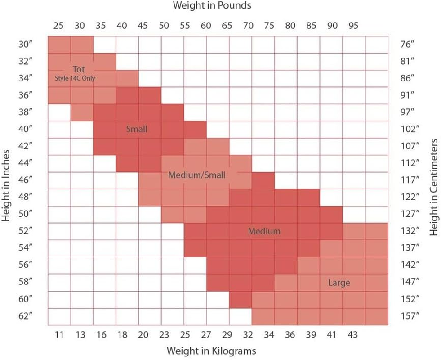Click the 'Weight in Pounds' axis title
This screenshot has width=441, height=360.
point(212,6)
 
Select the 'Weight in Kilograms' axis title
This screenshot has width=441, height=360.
point(211,350)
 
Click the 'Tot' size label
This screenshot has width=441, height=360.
point(79,70)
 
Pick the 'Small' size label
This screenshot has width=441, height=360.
point(137,129)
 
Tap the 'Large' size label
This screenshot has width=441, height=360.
point(339,283)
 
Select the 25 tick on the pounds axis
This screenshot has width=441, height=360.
point(58,26)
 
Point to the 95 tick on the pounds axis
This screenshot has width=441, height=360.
point(353,26)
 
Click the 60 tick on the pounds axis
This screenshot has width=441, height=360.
point(206,26)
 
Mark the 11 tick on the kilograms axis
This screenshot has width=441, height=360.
point(58,334)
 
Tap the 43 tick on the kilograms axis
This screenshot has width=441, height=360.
point(353,334)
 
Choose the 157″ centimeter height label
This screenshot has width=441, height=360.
point(410,316)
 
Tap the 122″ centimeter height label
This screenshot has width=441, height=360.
point(410,197)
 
